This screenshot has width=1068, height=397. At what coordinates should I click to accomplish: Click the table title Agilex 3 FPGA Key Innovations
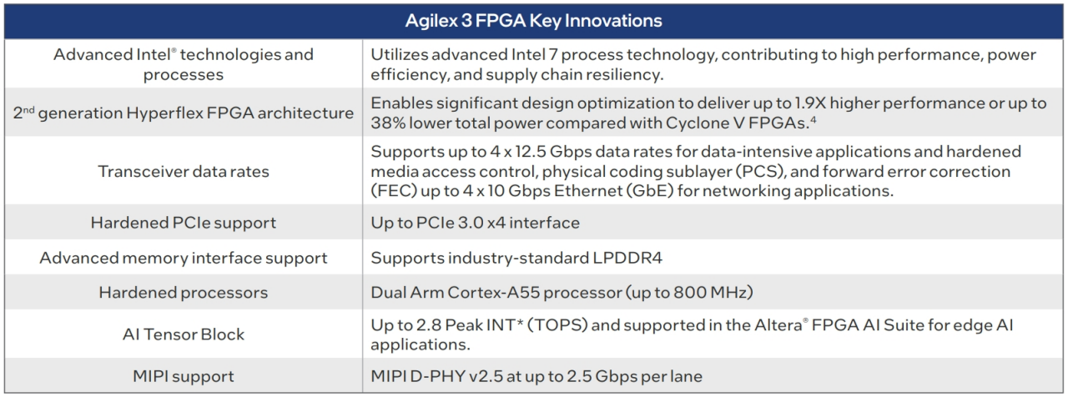point(533,21)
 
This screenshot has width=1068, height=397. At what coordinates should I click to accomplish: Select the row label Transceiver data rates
point(184,171)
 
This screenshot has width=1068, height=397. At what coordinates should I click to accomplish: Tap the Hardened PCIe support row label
point(184,223)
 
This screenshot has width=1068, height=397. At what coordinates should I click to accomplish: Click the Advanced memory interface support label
point(184,258)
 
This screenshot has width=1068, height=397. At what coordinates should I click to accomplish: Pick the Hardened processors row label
point(184,293)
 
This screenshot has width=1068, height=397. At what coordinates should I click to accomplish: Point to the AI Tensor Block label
point(184,334)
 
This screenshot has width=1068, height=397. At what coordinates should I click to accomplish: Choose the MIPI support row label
point(184,376)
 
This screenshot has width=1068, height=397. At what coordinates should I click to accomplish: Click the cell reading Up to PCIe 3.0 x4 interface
point(475,223)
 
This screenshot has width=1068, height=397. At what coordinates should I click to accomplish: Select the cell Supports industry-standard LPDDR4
point(516,258)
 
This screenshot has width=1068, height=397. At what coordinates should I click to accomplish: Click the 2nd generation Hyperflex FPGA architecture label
point(184,113)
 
